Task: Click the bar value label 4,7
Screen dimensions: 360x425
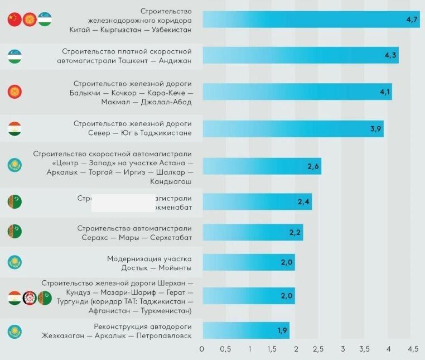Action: click(412, 20)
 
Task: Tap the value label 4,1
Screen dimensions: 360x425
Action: click(384, 92)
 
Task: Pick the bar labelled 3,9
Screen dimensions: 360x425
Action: click(293, 129)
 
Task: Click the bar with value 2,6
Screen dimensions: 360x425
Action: click(262, 166)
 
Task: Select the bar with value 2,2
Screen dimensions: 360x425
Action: click(252, 232)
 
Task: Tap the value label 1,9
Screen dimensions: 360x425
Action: click(282, 330)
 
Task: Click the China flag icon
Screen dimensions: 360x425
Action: click(15, 20)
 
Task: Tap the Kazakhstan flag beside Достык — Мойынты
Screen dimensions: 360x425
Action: click(15, 262)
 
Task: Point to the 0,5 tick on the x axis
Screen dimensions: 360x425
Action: click(226, 349)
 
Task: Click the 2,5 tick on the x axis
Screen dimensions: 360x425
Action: click(318, 349)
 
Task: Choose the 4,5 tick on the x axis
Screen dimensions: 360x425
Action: click(413, 349)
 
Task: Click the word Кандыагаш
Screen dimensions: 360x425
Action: click(171, 182)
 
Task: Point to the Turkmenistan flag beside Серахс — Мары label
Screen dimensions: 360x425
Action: click(15, 231)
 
